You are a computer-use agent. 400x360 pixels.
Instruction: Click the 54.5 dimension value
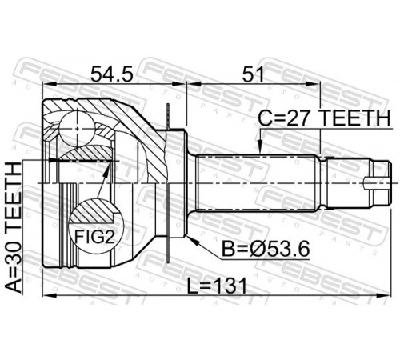(x=111, y=74)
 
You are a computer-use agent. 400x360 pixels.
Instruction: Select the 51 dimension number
(x=252, y=74)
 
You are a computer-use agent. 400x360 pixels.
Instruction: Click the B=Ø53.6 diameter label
(x=266, y=249)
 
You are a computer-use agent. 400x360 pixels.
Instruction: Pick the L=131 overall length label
(x=217, y=286)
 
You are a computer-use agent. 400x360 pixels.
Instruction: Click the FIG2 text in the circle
(x=94, y=237)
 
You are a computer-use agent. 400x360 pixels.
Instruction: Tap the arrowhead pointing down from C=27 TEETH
(x=259, y=147)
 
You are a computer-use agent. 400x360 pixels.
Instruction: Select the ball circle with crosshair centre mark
(x=77, y=129)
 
